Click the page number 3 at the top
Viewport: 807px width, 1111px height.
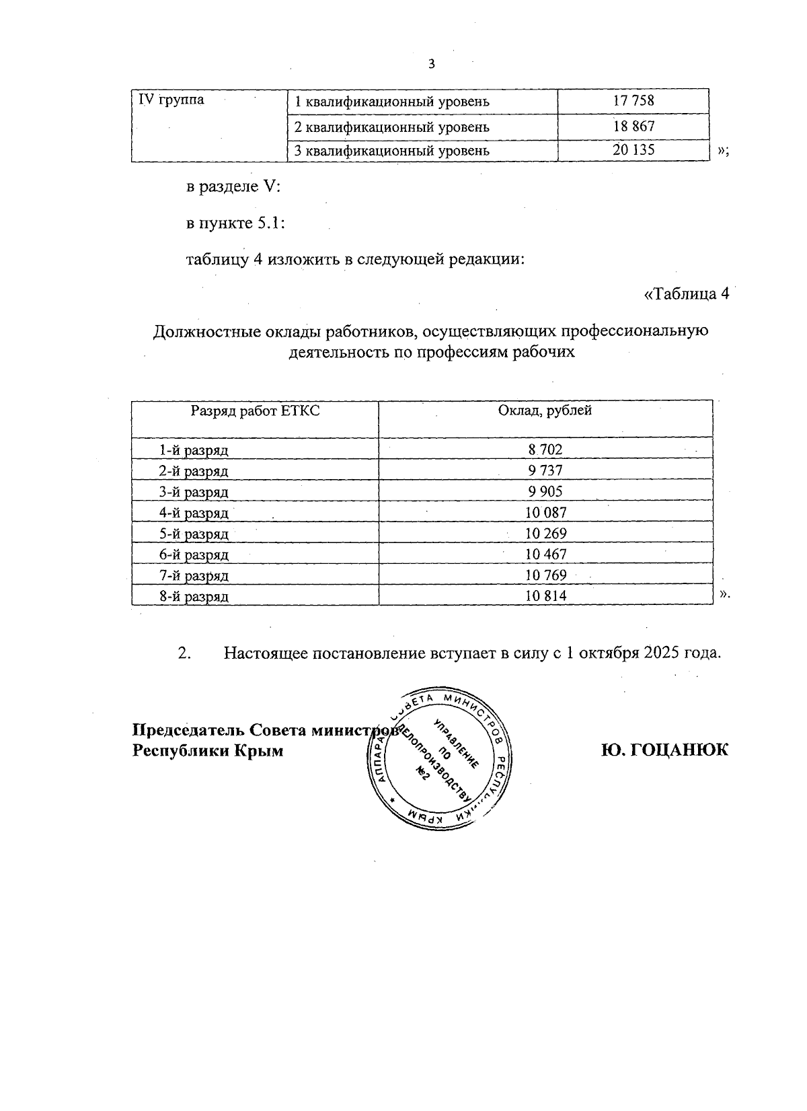point(431,65)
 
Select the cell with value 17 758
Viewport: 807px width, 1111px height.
point(633,102)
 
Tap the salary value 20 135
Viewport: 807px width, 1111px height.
point(633,150)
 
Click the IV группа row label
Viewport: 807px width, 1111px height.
point(171,100)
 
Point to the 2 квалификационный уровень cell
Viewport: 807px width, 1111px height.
point(392,127)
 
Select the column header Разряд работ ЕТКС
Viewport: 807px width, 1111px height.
point(255,410)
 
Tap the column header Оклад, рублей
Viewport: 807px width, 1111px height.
point(545,410)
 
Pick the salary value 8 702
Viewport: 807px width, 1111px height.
point(545,450)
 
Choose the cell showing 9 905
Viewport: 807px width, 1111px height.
point(545,491)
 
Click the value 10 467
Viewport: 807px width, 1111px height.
point(545,554)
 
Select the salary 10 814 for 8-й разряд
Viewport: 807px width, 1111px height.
point(545,596)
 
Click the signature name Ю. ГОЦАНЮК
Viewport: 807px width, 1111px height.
point(664,750)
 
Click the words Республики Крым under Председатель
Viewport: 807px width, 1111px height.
point(207,750)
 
